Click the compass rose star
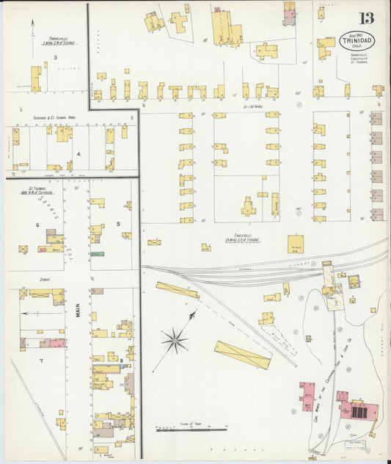(175, 339)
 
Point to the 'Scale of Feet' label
(190, 424)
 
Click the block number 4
(78, 154)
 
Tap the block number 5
(117, 224)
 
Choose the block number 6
(37, 225)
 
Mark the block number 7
(41, 361)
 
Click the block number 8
(120, 359)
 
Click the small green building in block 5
(97, 254)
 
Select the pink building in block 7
(55, 343)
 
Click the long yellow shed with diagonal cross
(242, 355)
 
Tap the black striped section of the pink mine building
(359, 412)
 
